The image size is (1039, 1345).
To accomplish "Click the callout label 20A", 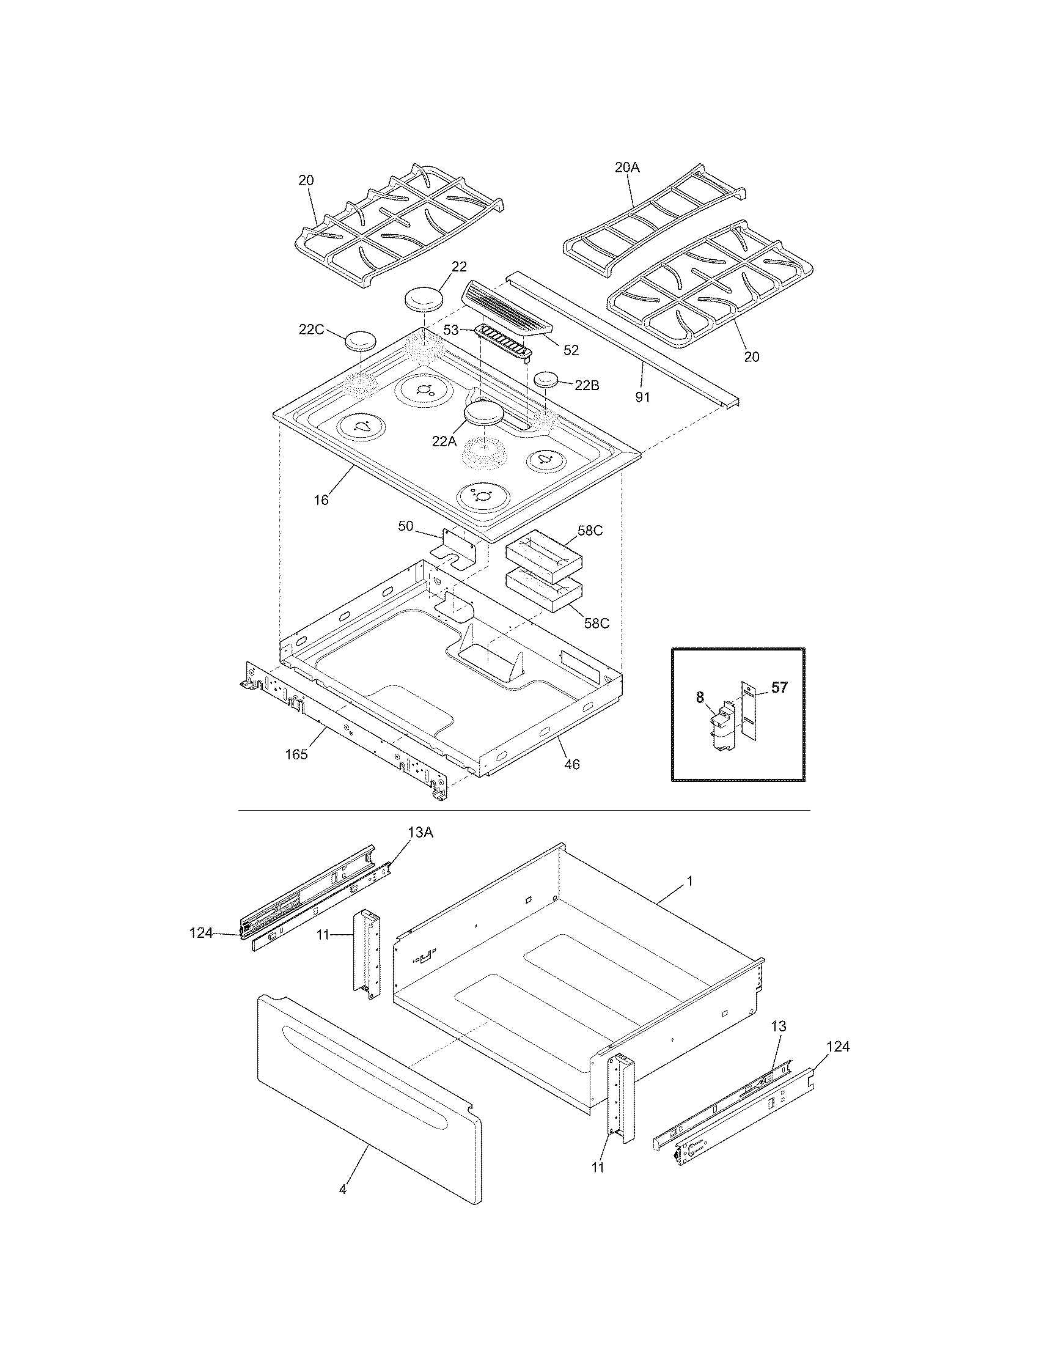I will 627,167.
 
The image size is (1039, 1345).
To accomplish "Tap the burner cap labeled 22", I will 425,299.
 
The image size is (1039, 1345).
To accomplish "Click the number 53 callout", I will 451,330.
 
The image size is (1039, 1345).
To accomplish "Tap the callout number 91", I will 642,397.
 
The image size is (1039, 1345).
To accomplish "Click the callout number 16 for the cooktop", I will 321,500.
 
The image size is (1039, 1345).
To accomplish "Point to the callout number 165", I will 296,754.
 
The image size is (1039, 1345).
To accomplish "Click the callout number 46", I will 572,765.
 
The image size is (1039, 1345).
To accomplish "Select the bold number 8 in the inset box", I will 700,698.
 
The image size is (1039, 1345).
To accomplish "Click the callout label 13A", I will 420,833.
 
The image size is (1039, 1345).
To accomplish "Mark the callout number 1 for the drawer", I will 689,881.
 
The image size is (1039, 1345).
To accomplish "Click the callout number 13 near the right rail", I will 779,1026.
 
